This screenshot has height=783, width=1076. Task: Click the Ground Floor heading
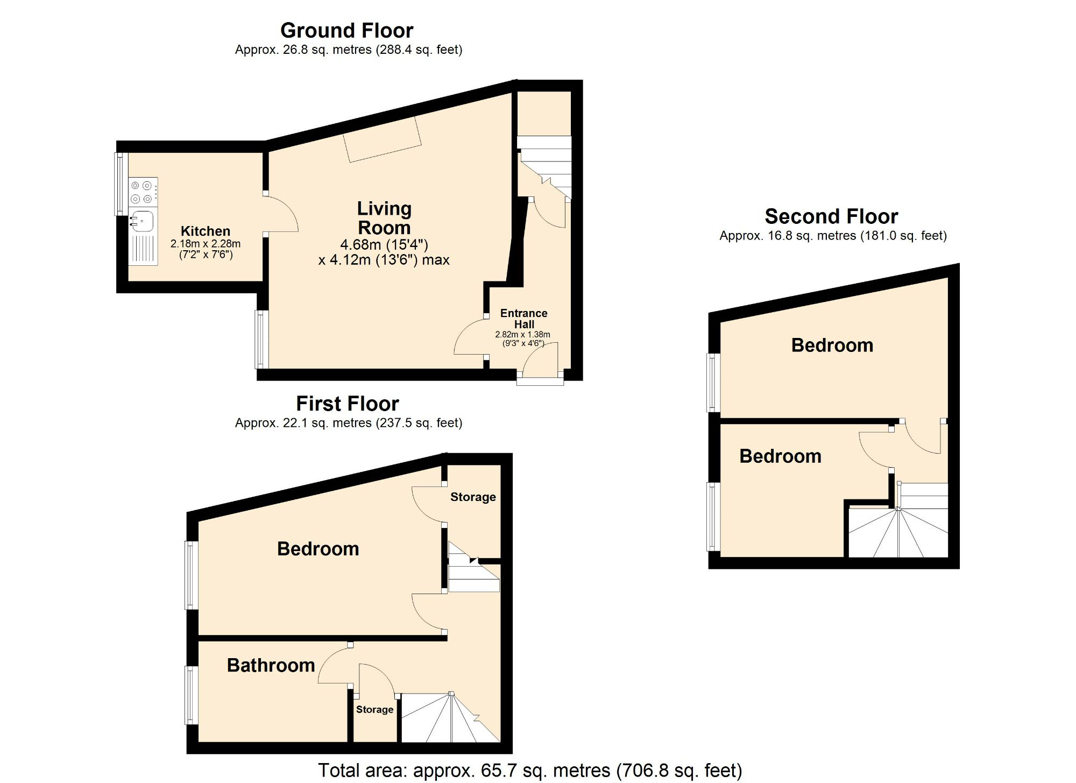pyautogui.click(x=346, y=31)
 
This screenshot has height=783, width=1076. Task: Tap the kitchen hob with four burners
pyautogui.click(x=143, y=192)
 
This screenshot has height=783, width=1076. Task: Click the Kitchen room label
pyautogui.click(x=205, y=231)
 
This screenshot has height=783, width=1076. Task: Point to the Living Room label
pyautogui.click(x=384, y=218)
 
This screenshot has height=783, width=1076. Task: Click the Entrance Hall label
pyautogui.click(x=523, y=319)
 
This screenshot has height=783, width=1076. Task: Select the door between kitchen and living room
pyautogui.click(x=281, y=214)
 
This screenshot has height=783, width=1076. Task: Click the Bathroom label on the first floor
pyautogui.click(x=271, y=665)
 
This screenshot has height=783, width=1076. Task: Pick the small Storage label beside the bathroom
pyautogui.click(x=374, y=709)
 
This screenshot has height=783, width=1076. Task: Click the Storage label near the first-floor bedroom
pyautogui.click(x=473, y=497)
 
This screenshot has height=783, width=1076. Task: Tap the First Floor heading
pyautogui.click(x=347, y=404)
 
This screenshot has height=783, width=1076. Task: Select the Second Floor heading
pyautogui.click(x=831, y=216)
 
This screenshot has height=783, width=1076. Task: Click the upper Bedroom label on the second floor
pyautogui.click(x=832, y=345)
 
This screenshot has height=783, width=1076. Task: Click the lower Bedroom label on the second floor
pyautogui.click(x=780, y=456)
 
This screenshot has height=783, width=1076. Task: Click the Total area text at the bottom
pyautogui.click(x=529, y=770)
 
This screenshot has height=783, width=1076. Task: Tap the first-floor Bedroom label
pyautogui.click(x=318, y=548)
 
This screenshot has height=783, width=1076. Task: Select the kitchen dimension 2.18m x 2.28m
pyautogui.click(x=206, y=244)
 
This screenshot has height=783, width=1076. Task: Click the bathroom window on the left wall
pyautogui.click(x=191, y=695)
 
